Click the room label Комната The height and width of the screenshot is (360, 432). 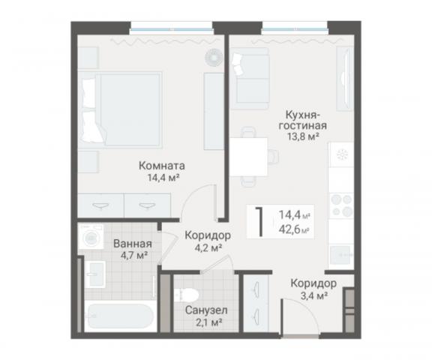(162, 166)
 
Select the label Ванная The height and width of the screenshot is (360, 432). (133, 244)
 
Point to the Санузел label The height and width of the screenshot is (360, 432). (206, 310)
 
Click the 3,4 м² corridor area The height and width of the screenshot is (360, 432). (313, 296)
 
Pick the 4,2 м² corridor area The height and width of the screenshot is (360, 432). (208, 248)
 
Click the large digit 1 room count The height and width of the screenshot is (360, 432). (259, 222)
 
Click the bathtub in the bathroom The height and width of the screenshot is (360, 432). (119, 316)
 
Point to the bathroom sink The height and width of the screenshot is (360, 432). (95, 273)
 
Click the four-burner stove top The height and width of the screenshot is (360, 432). (342, 205)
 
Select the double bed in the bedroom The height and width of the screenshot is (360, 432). (122, 108)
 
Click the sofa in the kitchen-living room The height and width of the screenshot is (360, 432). (250, 79)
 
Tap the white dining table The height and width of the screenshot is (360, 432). (249, 157)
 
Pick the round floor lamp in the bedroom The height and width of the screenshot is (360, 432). (214, 57)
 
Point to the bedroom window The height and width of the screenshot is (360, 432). (171, 28)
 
